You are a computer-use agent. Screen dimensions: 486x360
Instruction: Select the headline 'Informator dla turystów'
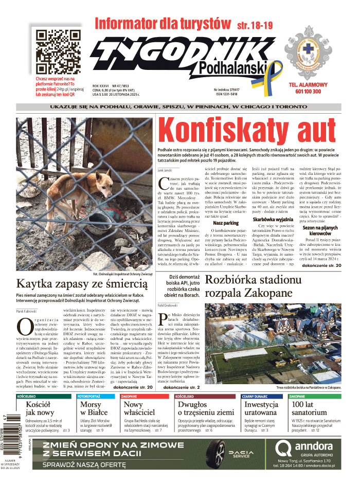click(163, 23)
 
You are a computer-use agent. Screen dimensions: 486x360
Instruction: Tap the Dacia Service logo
click(240, 453)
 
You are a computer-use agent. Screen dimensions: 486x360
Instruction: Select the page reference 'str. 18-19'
click(255, 24)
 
